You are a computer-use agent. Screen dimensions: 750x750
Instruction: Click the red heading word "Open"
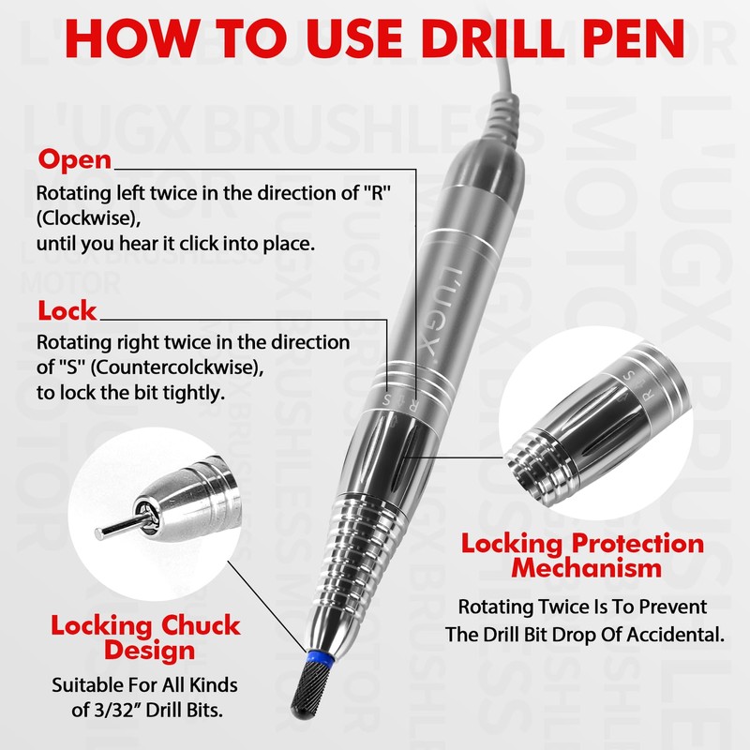point(75,159)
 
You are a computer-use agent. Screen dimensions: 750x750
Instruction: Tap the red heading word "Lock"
point(67,311)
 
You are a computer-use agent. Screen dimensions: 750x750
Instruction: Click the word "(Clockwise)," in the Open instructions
point(88,218)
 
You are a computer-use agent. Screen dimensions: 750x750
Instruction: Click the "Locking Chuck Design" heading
point(146,637)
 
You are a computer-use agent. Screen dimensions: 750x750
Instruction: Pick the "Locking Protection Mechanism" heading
point(582,555)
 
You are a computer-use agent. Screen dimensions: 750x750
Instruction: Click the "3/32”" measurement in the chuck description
point(117,710)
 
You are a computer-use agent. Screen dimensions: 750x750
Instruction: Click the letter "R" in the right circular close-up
point(648,395)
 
